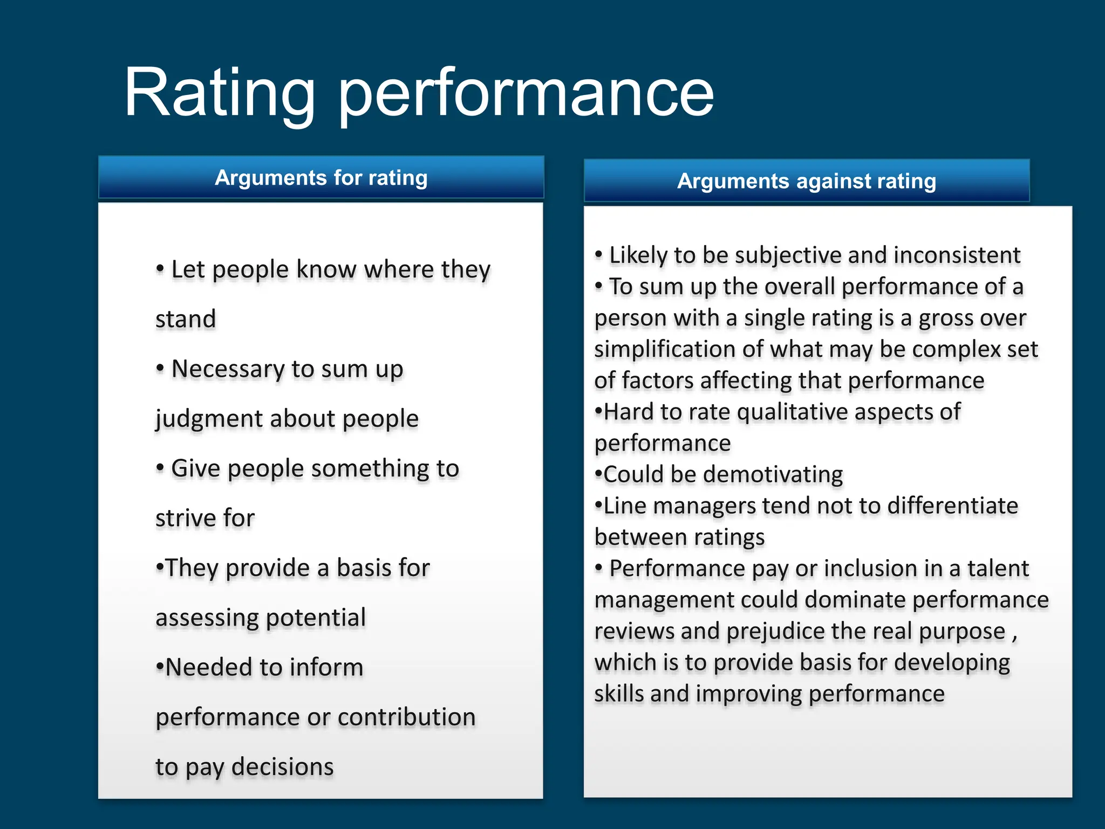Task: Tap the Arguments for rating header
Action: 321,178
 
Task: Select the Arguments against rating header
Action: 806,181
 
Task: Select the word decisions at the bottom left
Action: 283,767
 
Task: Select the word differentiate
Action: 952,506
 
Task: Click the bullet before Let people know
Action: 160,268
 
